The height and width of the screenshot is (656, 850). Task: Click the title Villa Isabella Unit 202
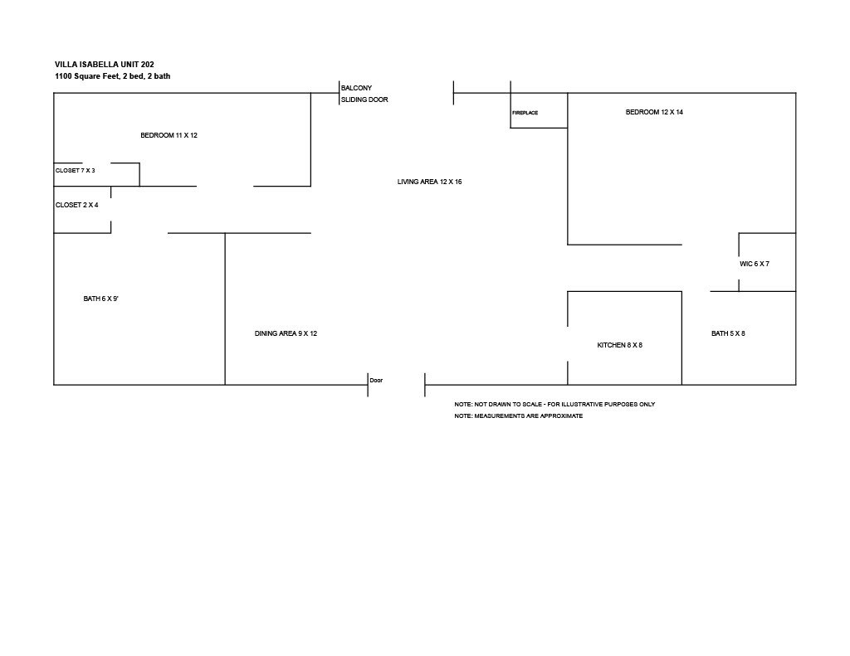click(x=105, y=65)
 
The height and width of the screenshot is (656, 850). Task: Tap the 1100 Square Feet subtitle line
click(x=112, y=76)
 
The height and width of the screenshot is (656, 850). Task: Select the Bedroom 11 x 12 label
click(x=169, y=135)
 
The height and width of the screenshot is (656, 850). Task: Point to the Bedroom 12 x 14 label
click(x=654, y=112)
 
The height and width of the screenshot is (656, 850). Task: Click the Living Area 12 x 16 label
click(x=429, y=182)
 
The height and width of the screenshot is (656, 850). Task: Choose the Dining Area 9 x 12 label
click(x=286, y=333)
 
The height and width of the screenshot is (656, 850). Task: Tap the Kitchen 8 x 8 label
click(x=619, y=345)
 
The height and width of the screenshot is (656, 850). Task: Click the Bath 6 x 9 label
click(x=100, y=299)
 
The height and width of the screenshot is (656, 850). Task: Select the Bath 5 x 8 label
click(x=728, y=333)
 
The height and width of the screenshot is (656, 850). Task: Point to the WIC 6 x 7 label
click(x=754, y=265)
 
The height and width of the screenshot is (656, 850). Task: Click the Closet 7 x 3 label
click(x=76, y=171)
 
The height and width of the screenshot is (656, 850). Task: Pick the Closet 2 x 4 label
click(x=77, y=206)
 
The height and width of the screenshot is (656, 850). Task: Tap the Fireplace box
click(x=539, y=110)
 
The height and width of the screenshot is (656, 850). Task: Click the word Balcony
click(x=356, y=88)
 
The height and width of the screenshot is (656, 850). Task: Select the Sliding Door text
click(x=364, y=100)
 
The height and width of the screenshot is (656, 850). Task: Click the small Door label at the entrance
click(x=376, y=381)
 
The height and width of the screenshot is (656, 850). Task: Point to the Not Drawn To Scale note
click(x=554, y=404)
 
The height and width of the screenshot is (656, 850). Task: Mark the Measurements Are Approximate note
click(x=519, y=416)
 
